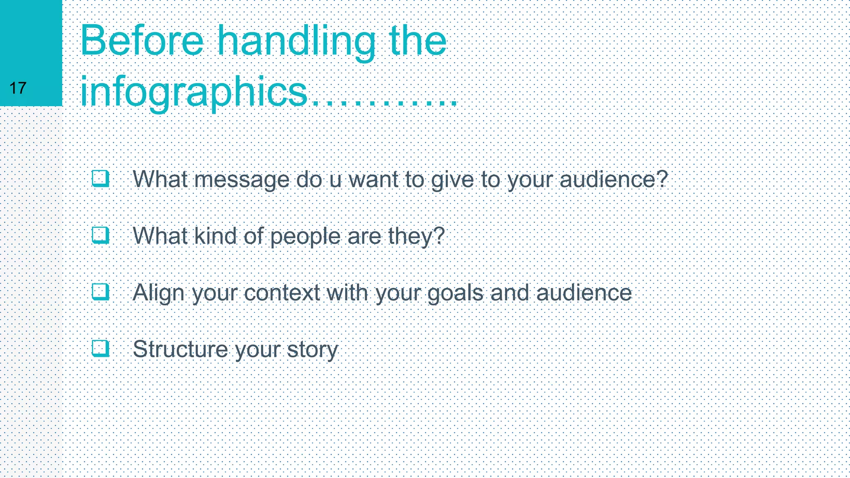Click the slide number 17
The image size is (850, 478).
[x=18, y=88]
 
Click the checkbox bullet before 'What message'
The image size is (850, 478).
[x=100, y=179]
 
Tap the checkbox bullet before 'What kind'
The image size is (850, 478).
[x=100, y=235]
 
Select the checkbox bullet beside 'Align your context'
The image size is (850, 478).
[x=100, y=292]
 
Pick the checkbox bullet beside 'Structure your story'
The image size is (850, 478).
[x=100, y=348]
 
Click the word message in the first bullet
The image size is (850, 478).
[x=242, y=180]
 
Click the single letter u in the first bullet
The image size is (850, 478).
[x=335, y=180]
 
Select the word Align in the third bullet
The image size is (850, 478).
[x=158, y=293]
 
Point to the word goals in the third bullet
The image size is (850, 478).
[x=455, y=293]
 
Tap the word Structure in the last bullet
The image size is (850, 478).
[x=180, y=349]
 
